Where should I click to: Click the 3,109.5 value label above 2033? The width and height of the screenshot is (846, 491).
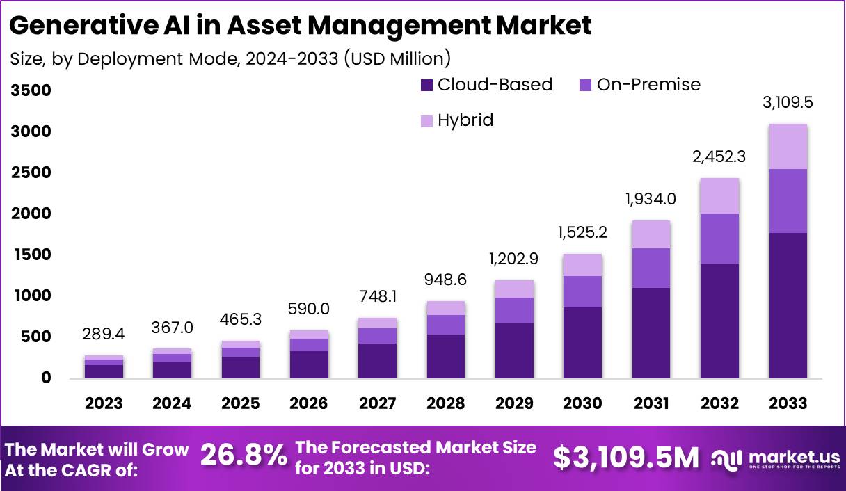click(788, 103)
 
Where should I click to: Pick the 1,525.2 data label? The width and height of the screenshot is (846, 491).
click(583, 232)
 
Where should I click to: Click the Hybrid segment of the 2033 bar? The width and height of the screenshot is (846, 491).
click(788, 146)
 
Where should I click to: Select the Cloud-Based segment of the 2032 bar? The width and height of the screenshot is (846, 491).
click(719, 320)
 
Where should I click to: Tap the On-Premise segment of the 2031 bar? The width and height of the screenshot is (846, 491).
click(651, 268)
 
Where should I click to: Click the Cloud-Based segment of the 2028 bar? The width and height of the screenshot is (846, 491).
click(446, 356)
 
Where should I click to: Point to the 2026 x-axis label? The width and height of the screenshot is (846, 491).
click(310, 403)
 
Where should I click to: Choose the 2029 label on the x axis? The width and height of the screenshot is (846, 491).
click(515, 403)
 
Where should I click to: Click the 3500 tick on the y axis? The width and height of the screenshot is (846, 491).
click(31, 90)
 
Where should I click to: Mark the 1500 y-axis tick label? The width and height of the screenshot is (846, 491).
click(31, 255)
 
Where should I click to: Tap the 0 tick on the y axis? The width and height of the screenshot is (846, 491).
click(46, 378)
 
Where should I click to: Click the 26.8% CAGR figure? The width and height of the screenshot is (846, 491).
click(244, 456)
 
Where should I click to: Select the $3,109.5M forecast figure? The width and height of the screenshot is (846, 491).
click(626, 457)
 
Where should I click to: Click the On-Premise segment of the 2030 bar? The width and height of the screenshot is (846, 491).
click(583, 291)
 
